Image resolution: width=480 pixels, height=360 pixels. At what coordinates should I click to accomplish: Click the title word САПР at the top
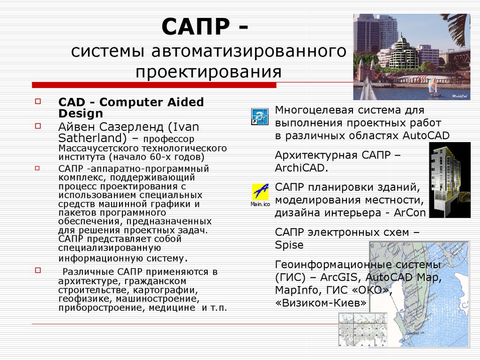pyautogui.click(x=195, y=27)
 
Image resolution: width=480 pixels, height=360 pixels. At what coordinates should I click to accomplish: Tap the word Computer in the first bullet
pyautogui.click(x=132, y=102)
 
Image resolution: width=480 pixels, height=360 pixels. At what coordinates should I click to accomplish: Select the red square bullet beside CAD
pyautogui.click(x=38, y=101)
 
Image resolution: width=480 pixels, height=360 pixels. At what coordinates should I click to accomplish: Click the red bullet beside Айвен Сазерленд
pyautogui.click(x=38, y=126)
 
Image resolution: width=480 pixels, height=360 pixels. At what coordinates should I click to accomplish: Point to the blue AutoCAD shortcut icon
pyautogui.click(x=260, y=116)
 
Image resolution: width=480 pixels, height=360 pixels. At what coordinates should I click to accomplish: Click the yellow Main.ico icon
pyautogui.click(x=260, y=192)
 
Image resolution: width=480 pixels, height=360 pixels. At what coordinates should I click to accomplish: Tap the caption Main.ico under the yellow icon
pyautogui.click(x=260, y=204)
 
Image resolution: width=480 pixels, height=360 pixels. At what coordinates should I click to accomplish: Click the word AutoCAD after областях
pyautogui.click(x=426, y=135)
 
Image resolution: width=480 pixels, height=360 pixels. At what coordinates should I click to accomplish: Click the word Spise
pyautogui.click(x=289, y=245)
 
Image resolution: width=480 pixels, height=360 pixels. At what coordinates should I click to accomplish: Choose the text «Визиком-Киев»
pyautogui.click(x=321, y=303)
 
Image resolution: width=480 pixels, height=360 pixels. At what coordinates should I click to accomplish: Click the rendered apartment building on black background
pyautogui.click(x=450, y=180)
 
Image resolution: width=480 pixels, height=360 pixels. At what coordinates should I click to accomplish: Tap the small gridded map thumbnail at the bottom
pyautogui.click(x=363, y=330)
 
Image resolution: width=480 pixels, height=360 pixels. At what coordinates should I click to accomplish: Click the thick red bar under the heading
pyautogui.click(x=154, y=85)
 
